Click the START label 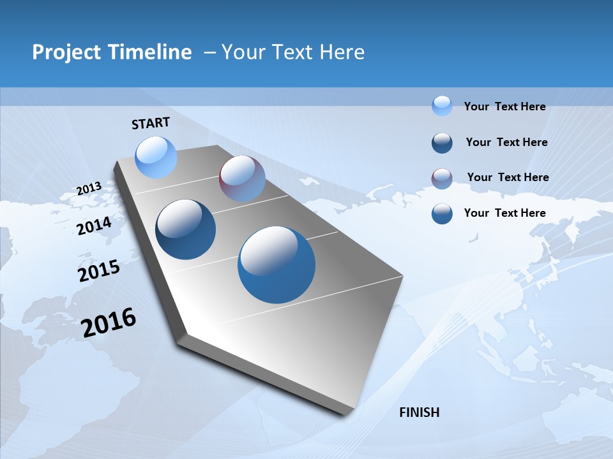151,123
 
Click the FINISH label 419,412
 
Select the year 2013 89,189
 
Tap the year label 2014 95,226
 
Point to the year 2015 99,270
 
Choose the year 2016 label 109,323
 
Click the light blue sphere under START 156,157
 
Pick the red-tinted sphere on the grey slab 242,178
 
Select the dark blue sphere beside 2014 185,229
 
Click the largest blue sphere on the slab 276,265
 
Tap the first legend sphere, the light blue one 442,105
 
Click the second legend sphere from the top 442,143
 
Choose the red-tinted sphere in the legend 442,178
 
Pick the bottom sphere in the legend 442,214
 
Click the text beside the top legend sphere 504,106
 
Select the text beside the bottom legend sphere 504,213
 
